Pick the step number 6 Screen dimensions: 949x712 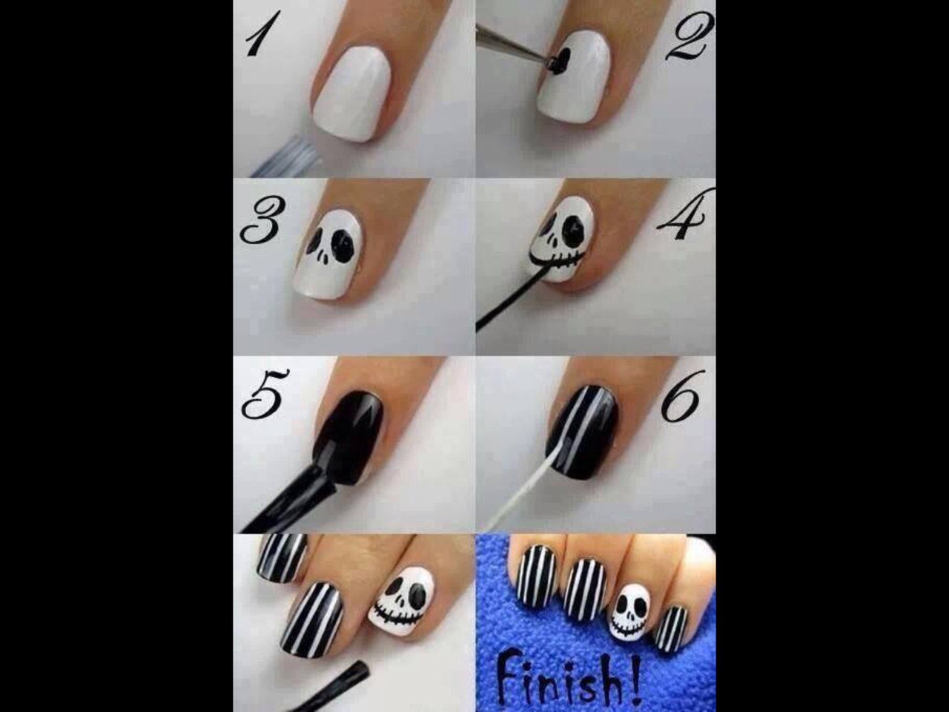[x=680, y=396]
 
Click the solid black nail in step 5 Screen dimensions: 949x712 [x=349, y=437]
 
